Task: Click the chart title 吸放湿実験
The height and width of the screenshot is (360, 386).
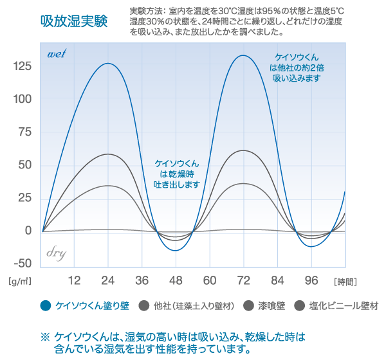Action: click(x=73, y=21)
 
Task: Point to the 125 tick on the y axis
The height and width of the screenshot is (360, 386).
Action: click(x=22, y=66)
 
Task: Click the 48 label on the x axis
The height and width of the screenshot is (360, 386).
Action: click(x=176, y=280)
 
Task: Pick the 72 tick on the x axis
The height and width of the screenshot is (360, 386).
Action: click(x=243, y=280)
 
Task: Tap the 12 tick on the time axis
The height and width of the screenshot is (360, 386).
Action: click(x=73, y=280)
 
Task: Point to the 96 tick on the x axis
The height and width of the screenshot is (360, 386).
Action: click(x=312, y=280)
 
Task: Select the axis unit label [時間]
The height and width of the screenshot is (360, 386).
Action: click(x=345, y=282)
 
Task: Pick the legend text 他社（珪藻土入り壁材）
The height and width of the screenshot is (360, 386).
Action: click(x=194, y=305)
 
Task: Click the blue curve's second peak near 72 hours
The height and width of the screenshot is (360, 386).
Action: click(x=242, y=55)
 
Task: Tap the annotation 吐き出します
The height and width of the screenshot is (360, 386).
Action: click(x=176, y=184)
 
